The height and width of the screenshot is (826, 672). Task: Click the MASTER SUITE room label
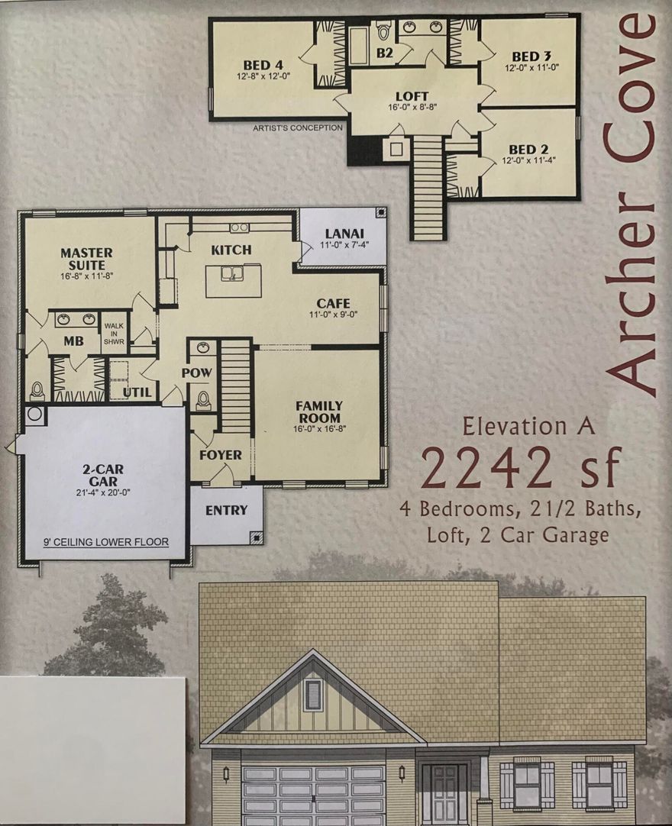click(86, 258)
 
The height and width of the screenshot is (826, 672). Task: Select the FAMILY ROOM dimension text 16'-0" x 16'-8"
click(319, 428)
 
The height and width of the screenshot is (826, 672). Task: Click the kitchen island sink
click(232, 273)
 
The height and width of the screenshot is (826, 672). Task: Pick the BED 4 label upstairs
click(263, 65)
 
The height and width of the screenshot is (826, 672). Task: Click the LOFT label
click(412, 96)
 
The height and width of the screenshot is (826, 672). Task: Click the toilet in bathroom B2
click(383, 32)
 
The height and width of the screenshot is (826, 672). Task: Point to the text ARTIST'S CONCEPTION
click(298, 128)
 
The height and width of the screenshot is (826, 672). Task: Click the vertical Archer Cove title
click(631, 202)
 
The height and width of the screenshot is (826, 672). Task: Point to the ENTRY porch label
click(226, 510)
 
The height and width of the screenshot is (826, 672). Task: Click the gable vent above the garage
click(313, 694)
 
